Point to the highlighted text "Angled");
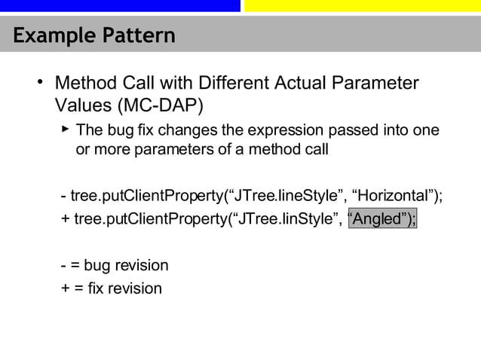tap(382, 219)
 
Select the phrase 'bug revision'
tap(126, 265)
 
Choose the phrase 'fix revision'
tap(124, 288)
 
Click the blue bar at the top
tap(120, 5)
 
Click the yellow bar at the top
tap(363, 5)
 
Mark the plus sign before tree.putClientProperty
tap(65, 219)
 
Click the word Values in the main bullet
tap(82, 102)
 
